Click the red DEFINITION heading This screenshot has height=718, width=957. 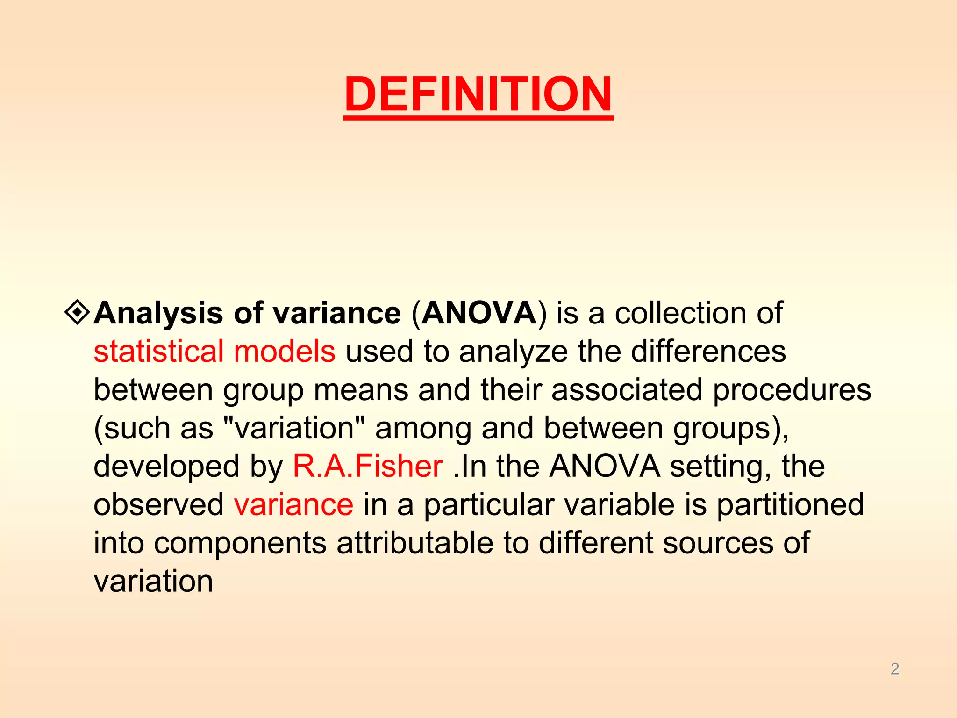point(478,94)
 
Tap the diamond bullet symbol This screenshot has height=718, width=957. point(77,313)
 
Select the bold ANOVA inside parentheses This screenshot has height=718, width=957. point(479,313)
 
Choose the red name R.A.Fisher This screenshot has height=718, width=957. point(368,467)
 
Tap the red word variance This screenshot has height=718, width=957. point(293,505)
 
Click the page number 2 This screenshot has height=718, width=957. point(894,669)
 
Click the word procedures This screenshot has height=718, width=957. point(792,390)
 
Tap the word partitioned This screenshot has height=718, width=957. point(790,505)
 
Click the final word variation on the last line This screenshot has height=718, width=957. point(153,582)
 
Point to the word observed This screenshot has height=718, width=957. point(159,505)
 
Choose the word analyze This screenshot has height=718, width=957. point(513,352)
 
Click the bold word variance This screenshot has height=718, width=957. point(337,313)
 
